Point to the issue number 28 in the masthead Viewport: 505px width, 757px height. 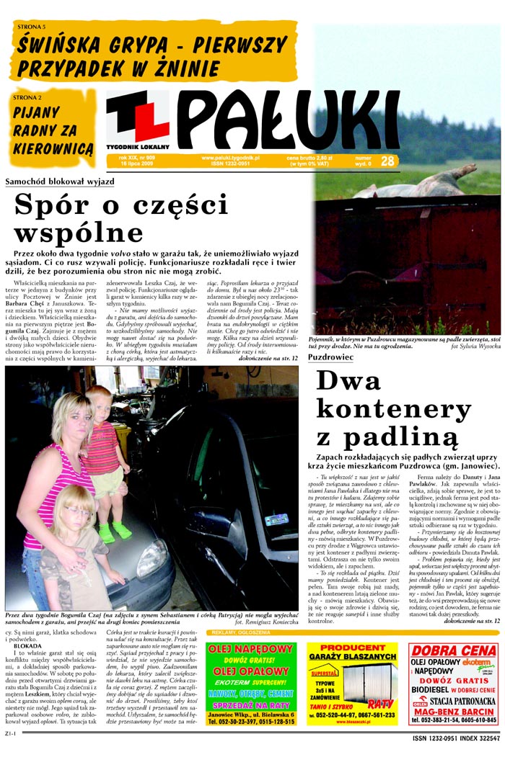coord(387,161)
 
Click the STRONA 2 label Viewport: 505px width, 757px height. coord(27,97)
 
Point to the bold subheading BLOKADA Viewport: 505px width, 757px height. coord(27,646)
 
